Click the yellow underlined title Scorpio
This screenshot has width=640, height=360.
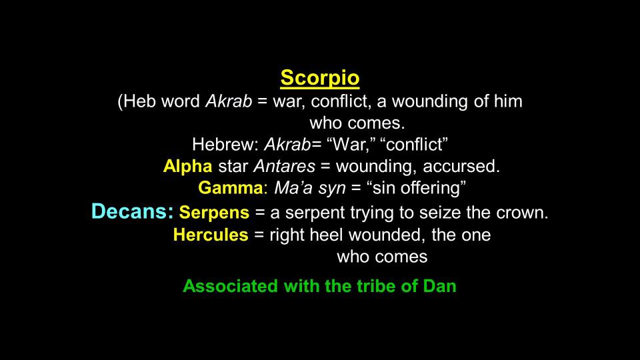click(319, 78)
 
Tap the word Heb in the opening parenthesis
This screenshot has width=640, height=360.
click(139, 101)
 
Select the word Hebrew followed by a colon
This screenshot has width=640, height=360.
click(225, 145)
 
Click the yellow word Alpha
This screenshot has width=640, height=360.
click(187, 167)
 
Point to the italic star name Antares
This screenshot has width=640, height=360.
click(285, 166)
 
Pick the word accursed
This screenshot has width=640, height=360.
click(461, 166)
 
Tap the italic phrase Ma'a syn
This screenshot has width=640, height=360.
click(310, 188)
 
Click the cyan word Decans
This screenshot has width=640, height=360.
click(133, 211)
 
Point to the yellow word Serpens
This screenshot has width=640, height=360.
click(214, 213)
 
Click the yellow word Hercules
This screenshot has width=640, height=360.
click(211, 235)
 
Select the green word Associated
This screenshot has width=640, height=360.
click(231, 286)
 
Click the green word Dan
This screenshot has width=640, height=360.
click(439, 286)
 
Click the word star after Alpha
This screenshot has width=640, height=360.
click(233, 167)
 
